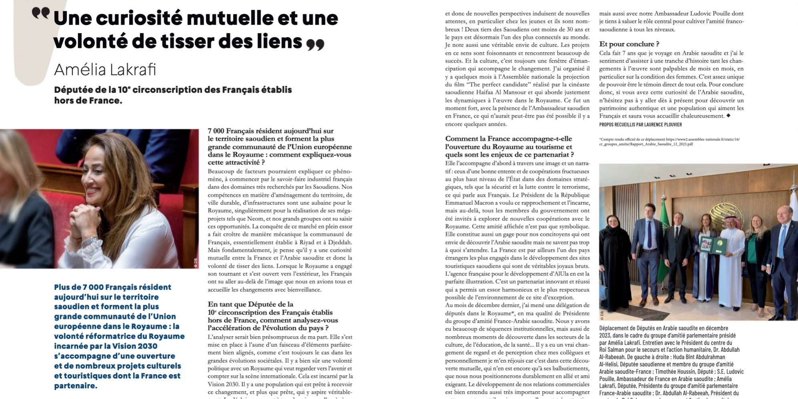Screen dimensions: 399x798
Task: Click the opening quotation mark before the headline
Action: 41,13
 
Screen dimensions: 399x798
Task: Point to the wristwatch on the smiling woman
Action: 89,243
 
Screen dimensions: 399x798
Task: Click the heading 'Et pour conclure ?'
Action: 629,44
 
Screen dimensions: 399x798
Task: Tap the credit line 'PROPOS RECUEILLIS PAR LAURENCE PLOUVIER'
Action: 640,124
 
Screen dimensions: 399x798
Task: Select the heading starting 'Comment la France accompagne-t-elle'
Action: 508,139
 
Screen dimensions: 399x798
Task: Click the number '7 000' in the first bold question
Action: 216,131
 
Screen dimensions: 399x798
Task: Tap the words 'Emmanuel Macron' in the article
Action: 466,203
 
